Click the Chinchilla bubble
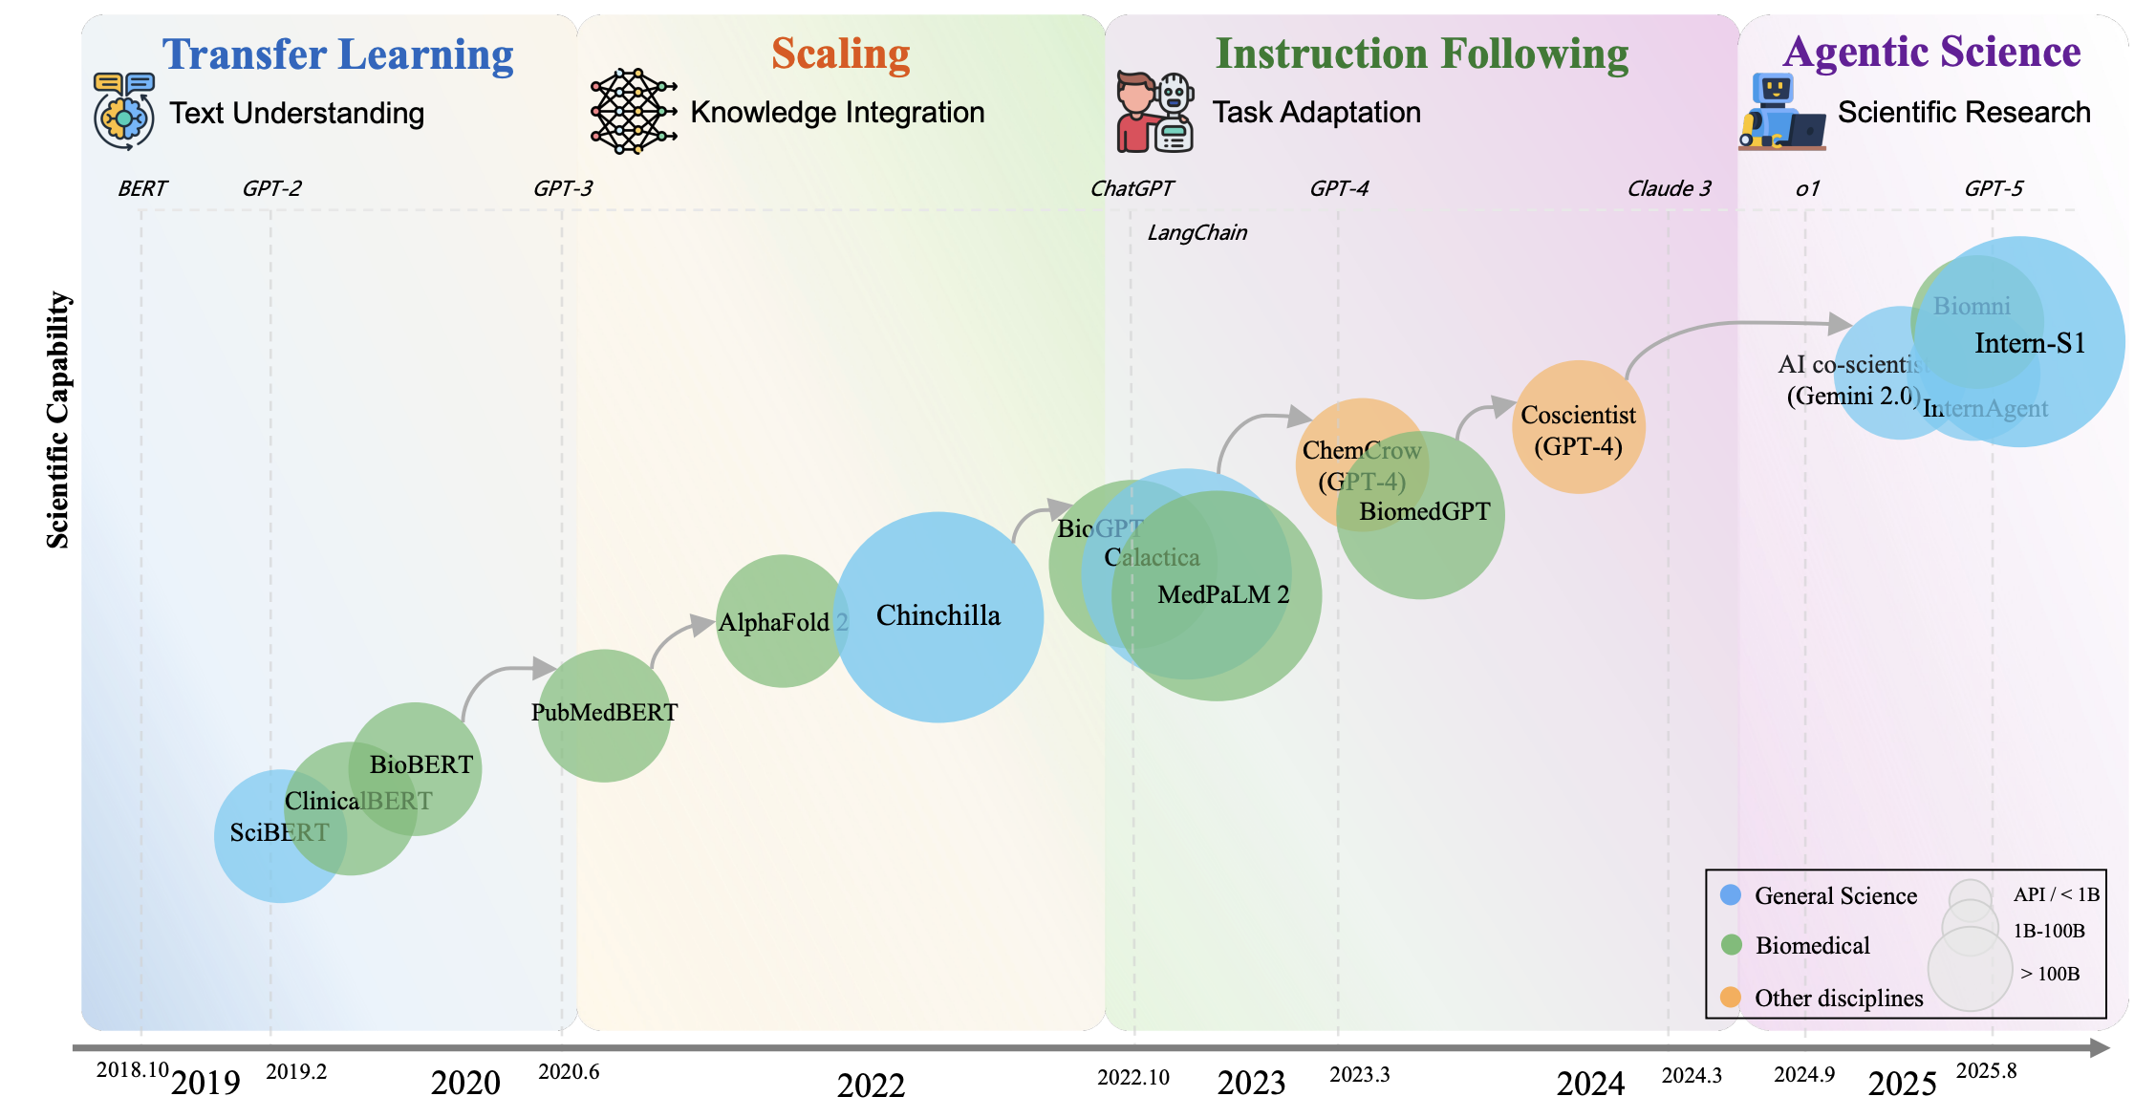tap(938, 616)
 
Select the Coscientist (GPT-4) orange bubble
tap(1578, 427)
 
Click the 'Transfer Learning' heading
tap(337, 54)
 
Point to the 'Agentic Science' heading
tap(1931, 52)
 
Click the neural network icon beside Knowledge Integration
tap(633, 111)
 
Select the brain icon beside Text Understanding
tap(124, 112)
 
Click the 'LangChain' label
tap(1197, 233)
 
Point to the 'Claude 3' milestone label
tap(1669, 188)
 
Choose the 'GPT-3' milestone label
tap(562, 188)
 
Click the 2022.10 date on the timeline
tap(1132, 1078)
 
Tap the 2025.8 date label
tap(1986, 1071)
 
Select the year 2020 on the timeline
tap(465, 1084)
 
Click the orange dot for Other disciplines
tap(1731, 998)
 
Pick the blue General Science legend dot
tap(1731, 895)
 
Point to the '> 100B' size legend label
tap(2049, 974)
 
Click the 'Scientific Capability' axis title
tap(58, 420)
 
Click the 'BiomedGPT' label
tap(1424, 512)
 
